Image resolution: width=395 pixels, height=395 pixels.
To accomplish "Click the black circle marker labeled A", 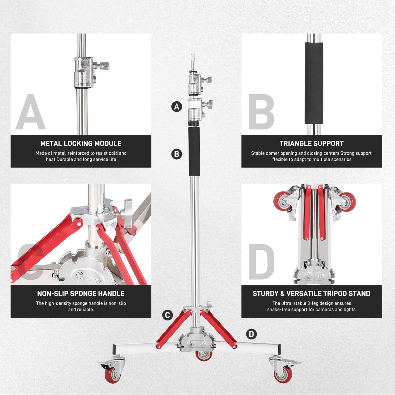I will (x=177, y=107).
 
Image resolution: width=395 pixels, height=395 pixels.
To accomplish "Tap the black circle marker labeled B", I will (x=177, y=154).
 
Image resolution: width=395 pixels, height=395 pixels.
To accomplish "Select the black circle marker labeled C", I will (x=167, y=315).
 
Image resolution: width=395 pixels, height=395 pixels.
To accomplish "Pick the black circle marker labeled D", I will (x=251, y=334).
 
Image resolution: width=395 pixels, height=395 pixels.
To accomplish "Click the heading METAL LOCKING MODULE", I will (x=81, y=144).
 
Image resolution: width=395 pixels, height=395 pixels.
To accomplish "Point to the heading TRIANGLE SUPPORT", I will (x=312, y=144).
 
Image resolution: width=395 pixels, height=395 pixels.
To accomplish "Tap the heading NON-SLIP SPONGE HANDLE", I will (x=81, y=294).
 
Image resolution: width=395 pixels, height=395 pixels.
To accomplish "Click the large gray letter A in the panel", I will (x=31, y=112).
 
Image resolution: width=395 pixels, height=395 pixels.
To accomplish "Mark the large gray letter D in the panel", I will (x=261, y=262).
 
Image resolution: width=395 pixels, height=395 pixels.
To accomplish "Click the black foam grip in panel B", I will (x=314, y=83).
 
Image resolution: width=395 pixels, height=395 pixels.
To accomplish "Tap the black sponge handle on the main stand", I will (x=194, y=151).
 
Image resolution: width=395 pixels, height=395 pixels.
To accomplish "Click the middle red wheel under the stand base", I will (x=204, y=355).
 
